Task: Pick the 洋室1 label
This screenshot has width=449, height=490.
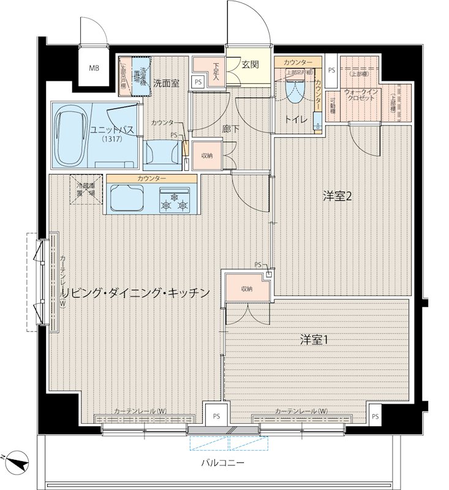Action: click(x=314, y=339)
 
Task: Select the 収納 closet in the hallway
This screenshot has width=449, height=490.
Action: click(x=206, y=156)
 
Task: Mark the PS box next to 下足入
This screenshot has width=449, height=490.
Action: click(x=197, y=81)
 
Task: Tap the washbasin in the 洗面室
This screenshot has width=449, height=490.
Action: click(x=162, y=153)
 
